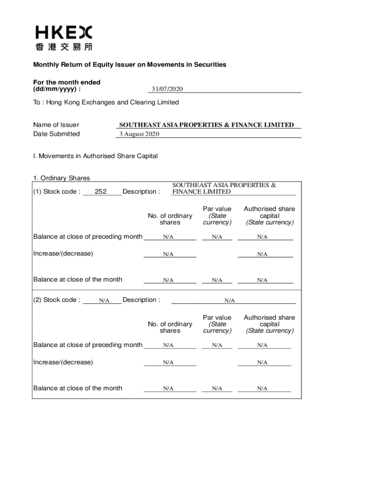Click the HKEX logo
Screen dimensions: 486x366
coord(64,32)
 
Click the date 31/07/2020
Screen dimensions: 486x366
coord(167,89)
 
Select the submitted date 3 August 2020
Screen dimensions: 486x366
coord(138,134)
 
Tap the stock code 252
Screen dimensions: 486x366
coord(101,192)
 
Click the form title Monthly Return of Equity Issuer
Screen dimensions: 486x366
coord(129,65)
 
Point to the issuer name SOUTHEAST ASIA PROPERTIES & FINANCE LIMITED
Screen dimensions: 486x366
coord(206,125)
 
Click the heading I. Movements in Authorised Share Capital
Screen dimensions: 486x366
coord(95,156)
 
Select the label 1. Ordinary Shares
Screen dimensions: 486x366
coord(61,178)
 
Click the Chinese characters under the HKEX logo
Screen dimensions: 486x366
coord(64,47)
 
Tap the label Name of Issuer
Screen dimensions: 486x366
coord(56,125)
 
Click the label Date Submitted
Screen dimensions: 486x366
coord(56,134)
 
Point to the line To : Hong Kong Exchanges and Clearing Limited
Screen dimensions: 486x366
coord(106,103)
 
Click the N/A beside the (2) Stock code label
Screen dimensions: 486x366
coord(104,300)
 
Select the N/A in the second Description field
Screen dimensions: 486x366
coord(230,300)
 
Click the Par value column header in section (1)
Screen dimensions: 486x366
coord(217,215)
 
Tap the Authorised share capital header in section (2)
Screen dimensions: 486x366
coord(270,324)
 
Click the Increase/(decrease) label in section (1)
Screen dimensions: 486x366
coord(63,253)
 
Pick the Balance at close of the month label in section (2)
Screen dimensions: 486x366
coord(77,388)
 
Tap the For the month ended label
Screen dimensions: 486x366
coord(67,85)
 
